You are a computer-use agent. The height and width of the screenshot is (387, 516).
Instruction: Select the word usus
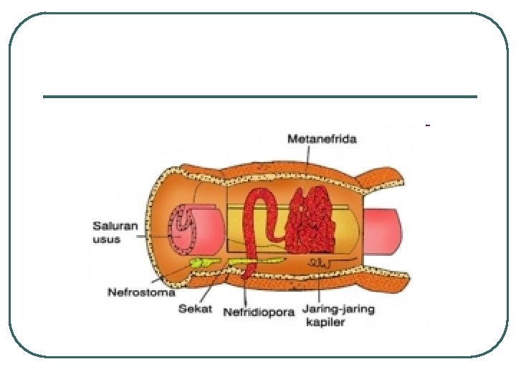click(x=106, y=239)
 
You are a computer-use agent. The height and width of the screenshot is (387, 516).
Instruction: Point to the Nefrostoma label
click(x=141, y=292)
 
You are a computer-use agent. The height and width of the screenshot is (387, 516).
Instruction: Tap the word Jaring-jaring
click(x=338, y=310)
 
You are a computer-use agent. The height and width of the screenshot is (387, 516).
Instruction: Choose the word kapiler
click(x=325, y=322)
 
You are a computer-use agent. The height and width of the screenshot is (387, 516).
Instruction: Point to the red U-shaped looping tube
click(x=257, y=222)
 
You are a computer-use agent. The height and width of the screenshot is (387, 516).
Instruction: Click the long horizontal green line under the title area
click(x=259, y=97)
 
